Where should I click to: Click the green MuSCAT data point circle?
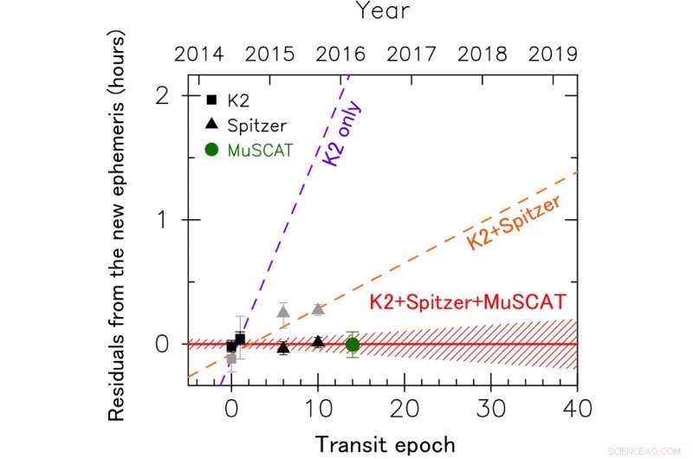[353, 344]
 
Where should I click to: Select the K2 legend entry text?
[239, 100]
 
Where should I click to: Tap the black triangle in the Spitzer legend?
[211, 126]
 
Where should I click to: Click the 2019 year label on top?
[553, 54]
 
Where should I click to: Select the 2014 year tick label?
[198, 54]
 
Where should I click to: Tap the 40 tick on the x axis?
[577, 410]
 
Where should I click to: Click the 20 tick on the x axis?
[405, 410]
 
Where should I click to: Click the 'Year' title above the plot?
[383, 13]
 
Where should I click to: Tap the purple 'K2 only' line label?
[344, 135]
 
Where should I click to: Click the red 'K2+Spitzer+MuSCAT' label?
[468, 302]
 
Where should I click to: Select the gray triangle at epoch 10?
[318, 309]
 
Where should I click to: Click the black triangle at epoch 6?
[283, 347]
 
